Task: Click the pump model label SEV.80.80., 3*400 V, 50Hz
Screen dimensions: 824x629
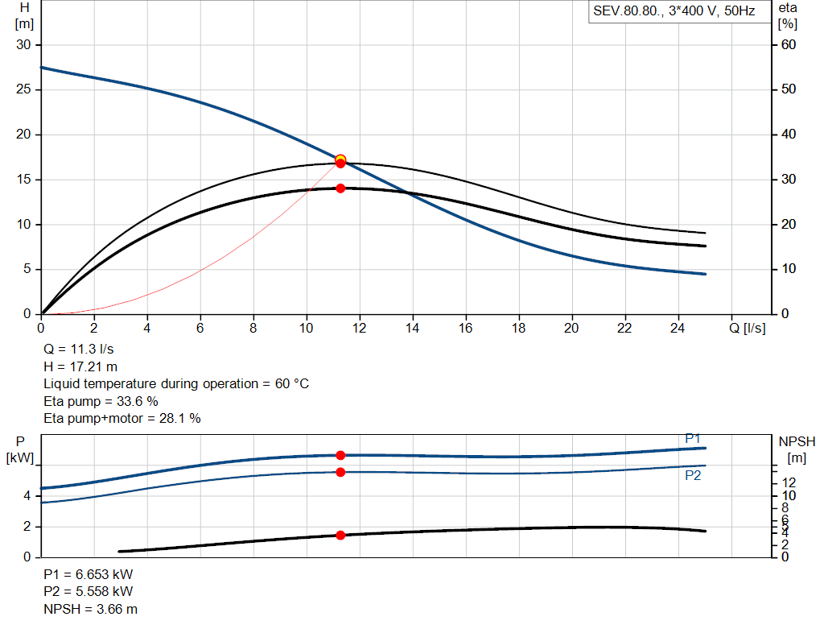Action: (674, 11)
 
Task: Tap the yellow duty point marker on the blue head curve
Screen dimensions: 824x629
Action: (340, 159)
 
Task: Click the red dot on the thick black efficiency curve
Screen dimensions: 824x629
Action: (340, 188)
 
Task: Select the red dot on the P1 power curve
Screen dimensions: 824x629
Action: (340, 456)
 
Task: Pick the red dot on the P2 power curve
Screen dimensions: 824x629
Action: (340, 472)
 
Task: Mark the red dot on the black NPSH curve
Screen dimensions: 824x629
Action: (340, 536)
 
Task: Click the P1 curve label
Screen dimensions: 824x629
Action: (693, 439)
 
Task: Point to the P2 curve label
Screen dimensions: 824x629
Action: (693, 475)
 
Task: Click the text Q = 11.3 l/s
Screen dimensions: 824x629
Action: (78, 350)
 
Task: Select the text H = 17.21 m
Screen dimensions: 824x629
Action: (80, 366)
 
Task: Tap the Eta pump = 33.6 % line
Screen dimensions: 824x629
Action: (101, 401)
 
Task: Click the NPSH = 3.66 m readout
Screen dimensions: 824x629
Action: (90, 609)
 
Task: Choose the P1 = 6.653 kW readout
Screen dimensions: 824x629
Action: (89, 574)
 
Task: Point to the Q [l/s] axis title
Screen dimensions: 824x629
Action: (748, 328)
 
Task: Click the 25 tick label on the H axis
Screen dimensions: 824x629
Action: (23, 89)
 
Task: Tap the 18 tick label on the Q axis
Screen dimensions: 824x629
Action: (519, 328)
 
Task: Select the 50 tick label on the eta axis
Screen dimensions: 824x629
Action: (789, 89)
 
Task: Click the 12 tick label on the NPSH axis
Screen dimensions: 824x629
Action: (789, 482)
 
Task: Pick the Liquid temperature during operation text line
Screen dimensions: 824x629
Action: (176, 384)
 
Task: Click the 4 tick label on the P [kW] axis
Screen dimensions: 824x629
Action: (27, 496)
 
